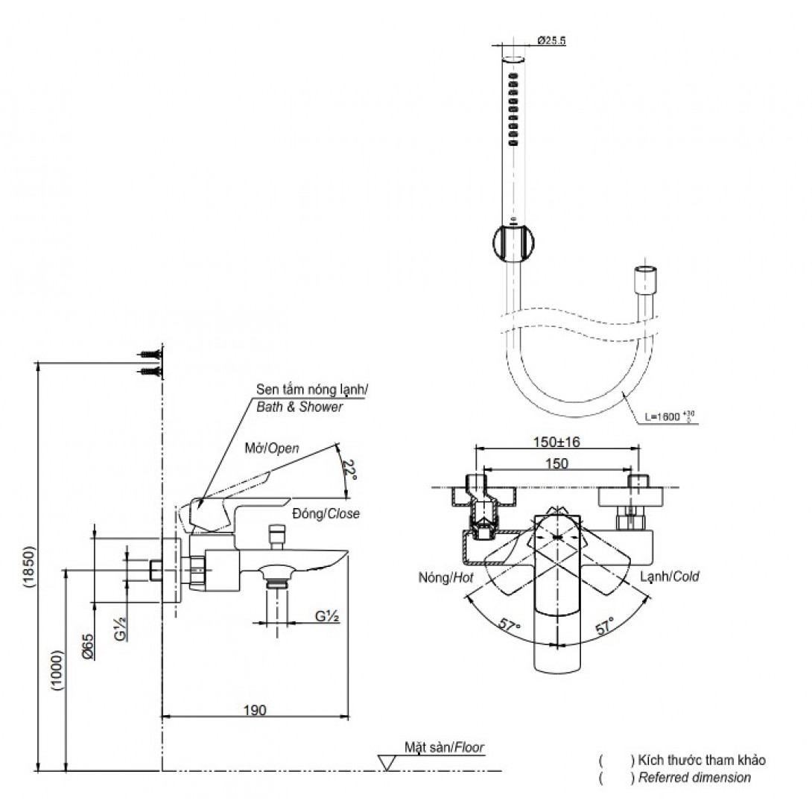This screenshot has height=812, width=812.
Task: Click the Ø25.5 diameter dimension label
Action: coord(552,42)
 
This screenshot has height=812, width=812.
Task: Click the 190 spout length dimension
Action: coord(255,710)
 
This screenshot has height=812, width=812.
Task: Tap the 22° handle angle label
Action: coord(347,469)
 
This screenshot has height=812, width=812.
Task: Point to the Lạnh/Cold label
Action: coord(669,577)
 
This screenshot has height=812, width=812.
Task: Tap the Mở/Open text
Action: coord(272,448)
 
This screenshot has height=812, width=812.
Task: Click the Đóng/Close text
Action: coord(326,514)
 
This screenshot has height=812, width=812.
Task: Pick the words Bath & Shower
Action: coord(299,407)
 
